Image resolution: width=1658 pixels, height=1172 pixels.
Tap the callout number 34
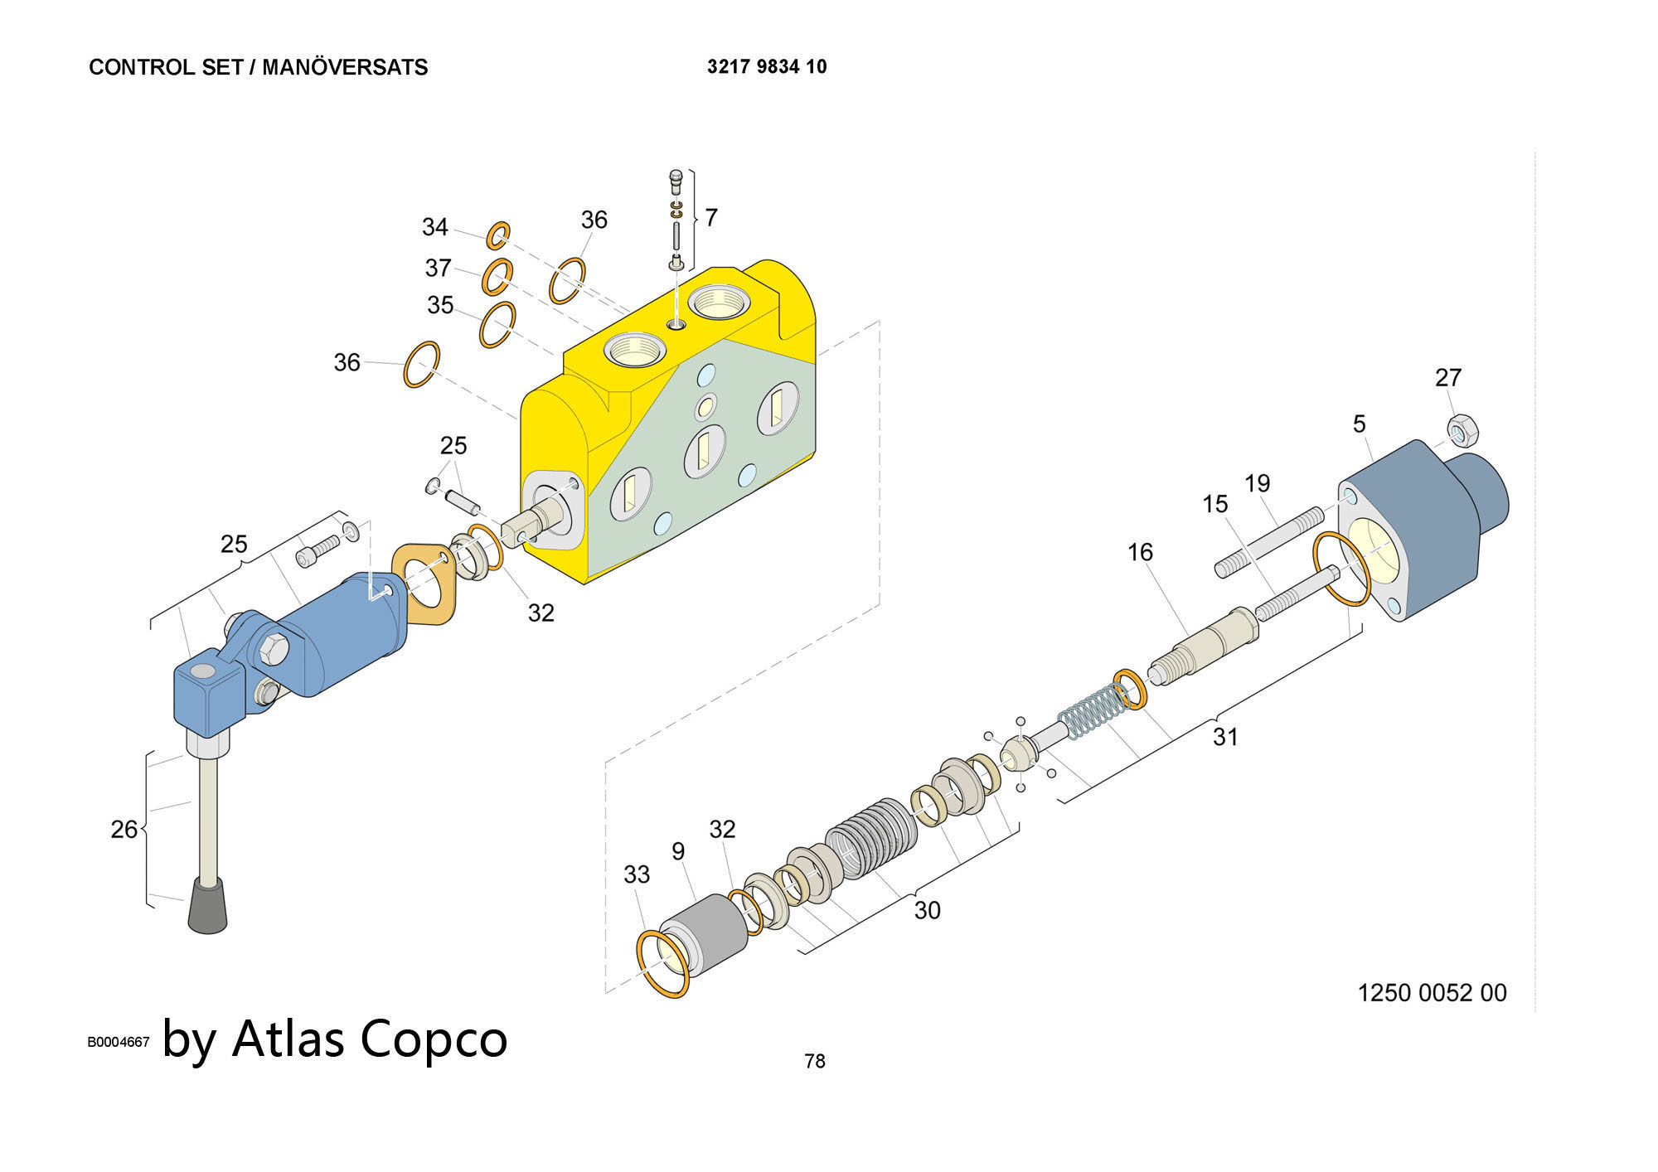(x=435, y=227)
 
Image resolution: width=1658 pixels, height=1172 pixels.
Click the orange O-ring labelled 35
(x=497, y=324)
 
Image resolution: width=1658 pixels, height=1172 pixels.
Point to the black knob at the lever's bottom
(x=207, y=907)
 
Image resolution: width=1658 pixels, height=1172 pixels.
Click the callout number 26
(x=124, y=829)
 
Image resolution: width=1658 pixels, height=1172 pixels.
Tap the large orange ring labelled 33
(x=663, y=963)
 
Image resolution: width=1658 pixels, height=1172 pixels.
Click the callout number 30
(x=927, y=910)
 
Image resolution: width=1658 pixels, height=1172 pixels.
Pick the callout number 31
(x=1225, y=736)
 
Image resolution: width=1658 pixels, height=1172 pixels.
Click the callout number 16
(x=1140, y=552)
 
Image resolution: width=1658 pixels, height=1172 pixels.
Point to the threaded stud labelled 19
(x=1268, y=544)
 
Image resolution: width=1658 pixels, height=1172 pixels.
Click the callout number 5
(x=1360, y=424)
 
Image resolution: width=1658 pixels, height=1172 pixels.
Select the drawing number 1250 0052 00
(x=1432, y=993)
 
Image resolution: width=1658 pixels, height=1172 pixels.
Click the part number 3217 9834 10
(x=767, y=67)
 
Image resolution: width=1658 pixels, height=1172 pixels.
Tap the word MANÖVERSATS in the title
(x=345, y=67)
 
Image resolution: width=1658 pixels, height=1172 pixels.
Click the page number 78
(x=815, y=1061)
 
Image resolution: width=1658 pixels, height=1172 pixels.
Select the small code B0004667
(x=119, y=1042)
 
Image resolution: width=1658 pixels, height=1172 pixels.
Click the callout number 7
(x=710, y=218)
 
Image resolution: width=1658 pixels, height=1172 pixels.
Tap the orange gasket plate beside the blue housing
(x=424, y=582)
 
